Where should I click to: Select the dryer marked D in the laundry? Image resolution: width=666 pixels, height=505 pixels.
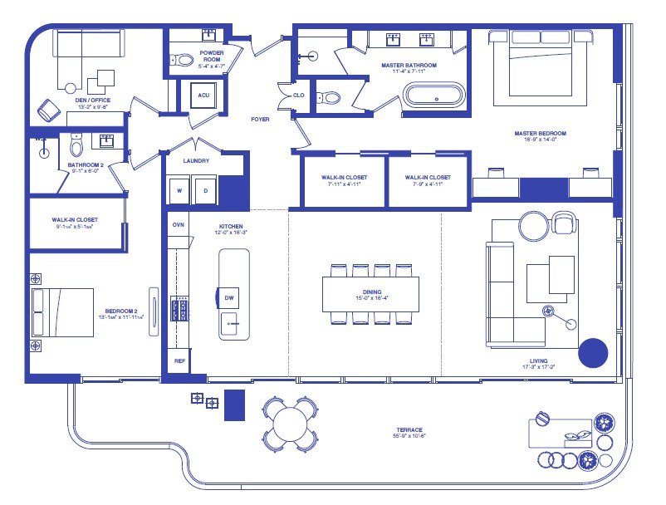pos(204,190)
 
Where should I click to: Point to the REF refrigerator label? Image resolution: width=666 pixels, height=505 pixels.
pos(179,361)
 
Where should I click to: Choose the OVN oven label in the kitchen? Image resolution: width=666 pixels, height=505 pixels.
pos(178,225)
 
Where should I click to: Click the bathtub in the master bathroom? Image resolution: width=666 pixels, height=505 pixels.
pos(436,95)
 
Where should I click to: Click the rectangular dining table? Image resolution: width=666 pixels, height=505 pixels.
pos(370,294)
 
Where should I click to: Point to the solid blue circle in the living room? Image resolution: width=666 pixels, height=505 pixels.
pos(593,353)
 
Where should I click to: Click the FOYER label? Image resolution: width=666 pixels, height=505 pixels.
pos(260,120)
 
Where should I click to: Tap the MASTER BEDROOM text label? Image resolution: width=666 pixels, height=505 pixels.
pos(540,134)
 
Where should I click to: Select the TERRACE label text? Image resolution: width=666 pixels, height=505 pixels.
pos(409,429)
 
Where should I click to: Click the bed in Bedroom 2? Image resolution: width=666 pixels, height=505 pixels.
pos(63,311)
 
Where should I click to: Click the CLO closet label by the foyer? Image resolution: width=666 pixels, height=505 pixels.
pos(298,96)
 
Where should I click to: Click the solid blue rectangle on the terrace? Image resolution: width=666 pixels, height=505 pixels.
pos(235,404)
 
